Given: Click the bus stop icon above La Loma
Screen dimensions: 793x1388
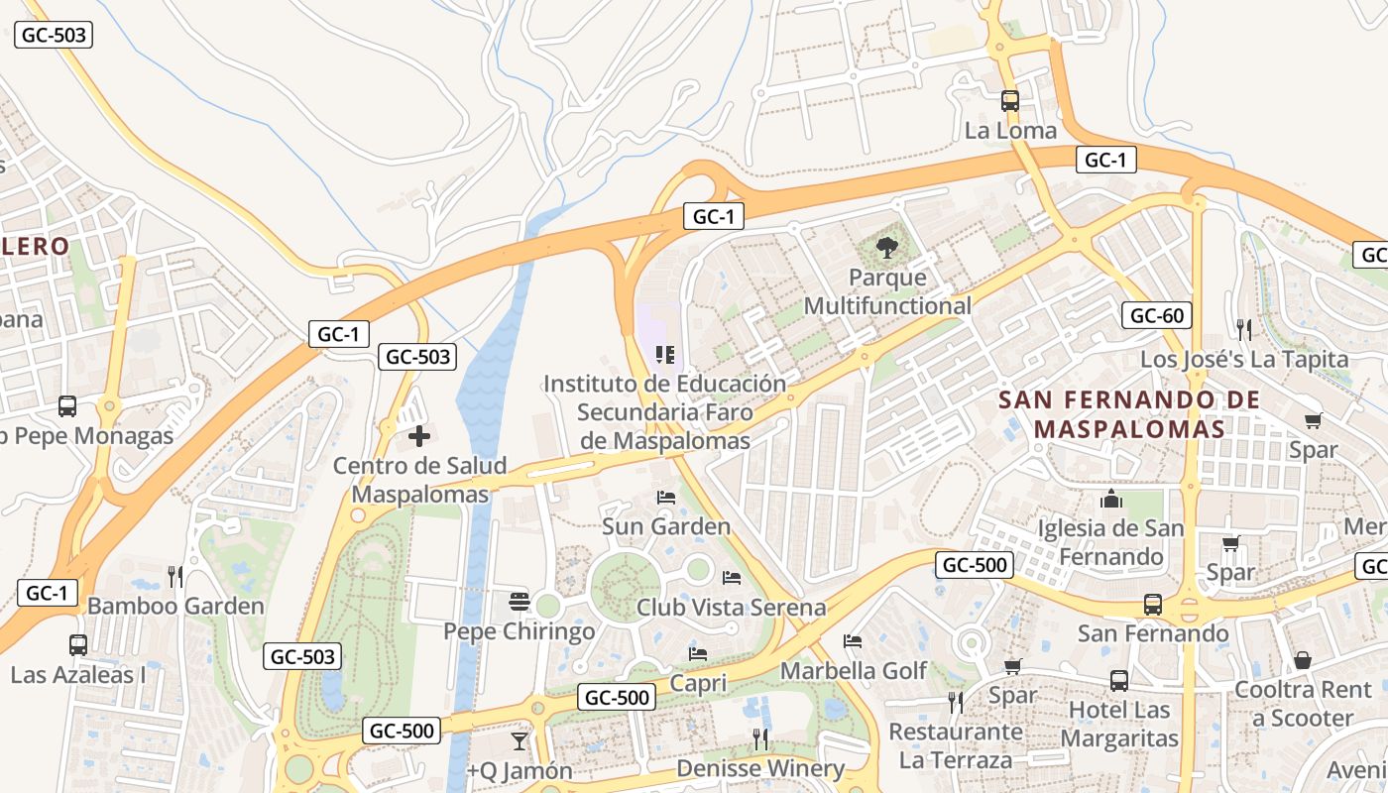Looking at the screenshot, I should click(1010, 101).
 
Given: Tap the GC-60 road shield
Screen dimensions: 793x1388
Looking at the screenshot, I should click(1157, 316).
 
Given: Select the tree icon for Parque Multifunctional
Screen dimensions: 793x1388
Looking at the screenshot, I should click(887, 248).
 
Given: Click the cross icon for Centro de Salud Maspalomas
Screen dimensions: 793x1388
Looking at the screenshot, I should click(419, 435).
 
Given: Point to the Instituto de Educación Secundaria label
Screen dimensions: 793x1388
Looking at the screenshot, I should click(664, 411).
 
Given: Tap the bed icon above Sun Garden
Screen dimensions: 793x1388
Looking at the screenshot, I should click(666, 497).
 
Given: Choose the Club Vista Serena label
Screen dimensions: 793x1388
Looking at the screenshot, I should click(731, 607).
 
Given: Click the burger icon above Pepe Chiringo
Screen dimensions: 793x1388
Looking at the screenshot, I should click(519, 601).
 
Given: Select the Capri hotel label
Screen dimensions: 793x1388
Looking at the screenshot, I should click(698, 683).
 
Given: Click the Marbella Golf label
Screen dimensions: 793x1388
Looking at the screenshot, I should click(854, 671).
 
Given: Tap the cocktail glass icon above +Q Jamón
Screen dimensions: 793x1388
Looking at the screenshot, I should click(519, 740).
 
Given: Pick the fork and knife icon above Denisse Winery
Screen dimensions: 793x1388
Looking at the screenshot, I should click(760, 738).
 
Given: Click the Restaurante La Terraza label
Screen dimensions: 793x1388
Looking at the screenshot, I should click(956, 745).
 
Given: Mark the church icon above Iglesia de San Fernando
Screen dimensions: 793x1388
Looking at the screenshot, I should click(1110, 499).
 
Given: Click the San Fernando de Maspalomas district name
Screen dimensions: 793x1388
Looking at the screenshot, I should click(1129, 414).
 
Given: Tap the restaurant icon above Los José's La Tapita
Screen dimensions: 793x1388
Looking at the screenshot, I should click(1243, 329).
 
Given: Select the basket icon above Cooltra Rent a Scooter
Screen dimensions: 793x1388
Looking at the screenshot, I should click(1303, 660).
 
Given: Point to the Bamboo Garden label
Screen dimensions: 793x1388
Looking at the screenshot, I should click(175, 606).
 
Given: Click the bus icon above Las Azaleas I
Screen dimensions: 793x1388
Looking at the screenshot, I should click(78, 645).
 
